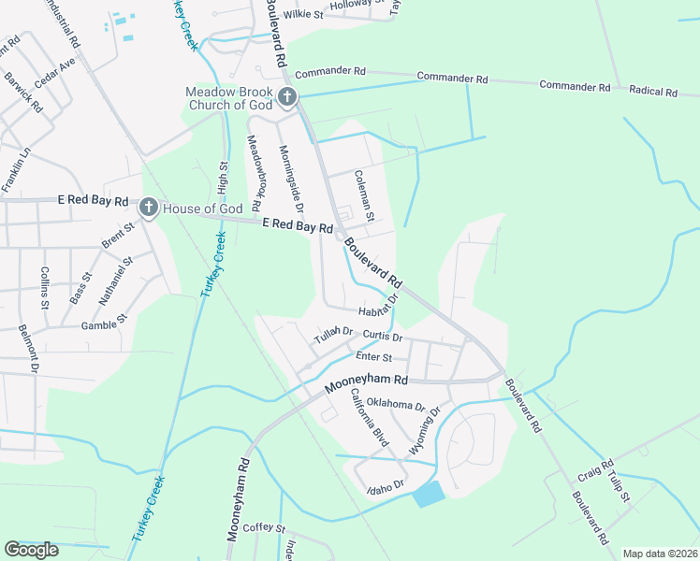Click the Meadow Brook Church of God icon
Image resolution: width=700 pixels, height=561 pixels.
(x=287, y=97)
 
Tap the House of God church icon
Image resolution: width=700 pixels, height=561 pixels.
(x=148, y=208)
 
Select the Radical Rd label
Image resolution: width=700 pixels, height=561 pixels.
(x=653, y=92)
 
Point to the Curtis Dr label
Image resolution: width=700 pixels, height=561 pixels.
(x=382, y=337)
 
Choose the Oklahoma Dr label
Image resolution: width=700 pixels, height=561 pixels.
(x=396, y=406)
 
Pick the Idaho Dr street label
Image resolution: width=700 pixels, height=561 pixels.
(x=385, y=485)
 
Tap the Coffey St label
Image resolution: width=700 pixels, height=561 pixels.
(x=264, y=528)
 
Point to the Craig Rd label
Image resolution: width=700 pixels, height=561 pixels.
(x=595, y=470)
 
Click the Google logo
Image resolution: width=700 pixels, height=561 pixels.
(x=32, y=550)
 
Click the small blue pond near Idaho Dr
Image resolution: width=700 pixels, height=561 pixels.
(x=430, y=494)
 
